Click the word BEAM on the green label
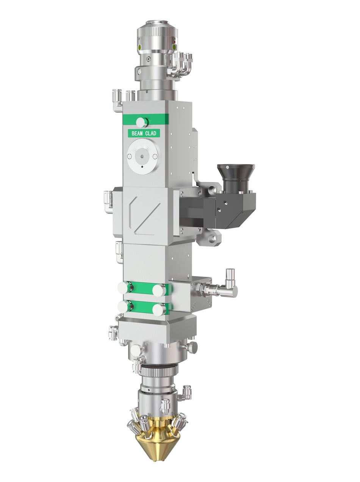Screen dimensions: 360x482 137,133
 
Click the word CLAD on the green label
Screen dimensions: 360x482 151,133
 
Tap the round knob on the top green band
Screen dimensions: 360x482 142,122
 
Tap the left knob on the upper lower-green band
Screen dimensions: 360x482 124,288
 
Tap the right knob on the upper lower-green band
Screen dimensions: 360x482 159,290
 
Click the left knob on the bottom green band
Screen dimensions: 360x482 124,306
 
